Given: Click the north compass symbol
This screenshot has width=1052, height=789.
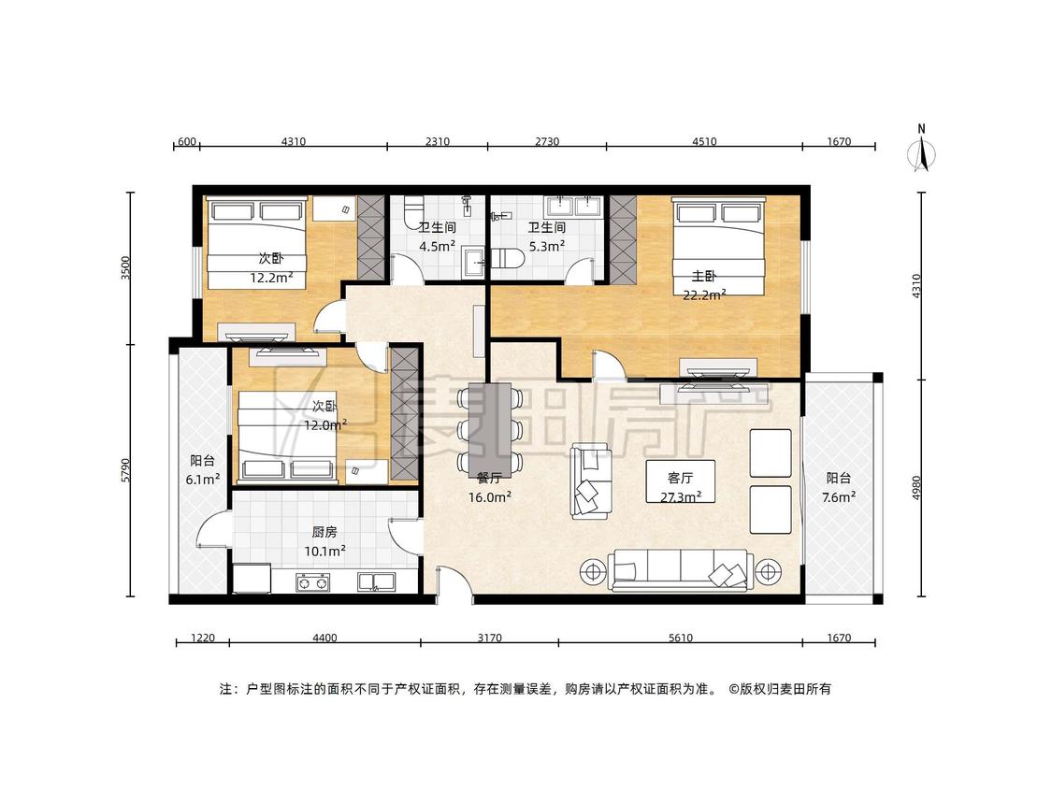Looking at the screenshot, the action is pyautogui.click(x=922, y=150).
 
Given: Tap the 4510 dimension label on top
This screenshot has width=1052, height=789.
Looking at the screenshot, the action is pyautogui.click(x=704, y=141).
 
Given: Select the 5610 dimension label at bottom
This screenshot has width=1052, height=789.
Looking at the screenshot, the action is pyautogui.click(x=681, y=638).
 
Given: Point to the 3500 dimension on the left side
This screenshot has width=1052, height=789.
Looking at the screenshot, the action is pyautogui.click(x=125, y=268).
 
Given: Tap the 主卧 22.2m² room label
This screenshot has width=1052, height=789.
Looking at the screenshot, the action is pyautogui.click(x=704, y=285).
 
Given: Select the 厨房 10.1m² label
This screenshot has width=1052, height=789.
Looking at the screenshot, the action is pyautogui.click(x=324, y=541).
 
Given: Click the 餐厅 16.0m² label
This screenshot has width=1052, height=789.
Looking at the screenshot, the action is pyautogui.click(x=490, y=488).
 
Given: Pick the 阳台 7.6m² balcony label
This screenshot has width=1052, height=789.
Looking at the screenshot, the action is pyautogui.click(x=839, y=488).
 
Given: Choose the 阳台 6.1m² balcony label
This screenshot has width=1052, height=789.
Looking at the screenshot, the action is pyautogui.click(x=203, y=469).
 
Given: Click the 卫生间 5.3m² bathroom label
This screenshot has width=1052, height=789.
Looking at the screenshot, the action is pyautogui.click(x=547, y=237).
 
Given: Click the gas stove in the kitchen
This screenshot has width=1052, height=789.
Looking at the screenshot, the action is pyautogui.click(x=312, y=582).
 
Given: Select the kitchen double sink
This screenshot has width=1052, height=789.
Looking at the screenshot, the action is pyautogui.click(x=377, y=581).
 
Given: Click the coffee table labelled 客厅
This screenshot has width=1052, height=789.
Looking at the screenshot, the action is pyautogui.click(x=681, y=481).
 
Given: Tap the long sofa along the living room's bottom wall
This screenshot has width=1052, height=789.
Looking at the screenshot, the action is pyautogui.click(x=677, y=569).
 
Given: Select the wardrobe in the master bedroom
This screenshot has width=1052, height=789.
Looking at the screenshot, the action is pyautogui.click(x=622, y=238).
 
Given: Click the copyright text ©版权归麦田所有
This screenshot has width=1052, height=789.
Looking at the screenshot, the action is pyautogui.click(x=780, y=689).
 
